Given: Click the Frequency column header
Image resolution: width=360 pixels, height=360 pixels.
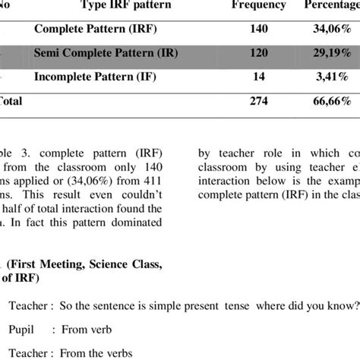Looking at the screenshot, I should [261, 5].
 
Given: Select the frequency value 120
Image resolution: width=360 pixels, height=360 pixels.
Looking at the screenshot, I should [261, 54].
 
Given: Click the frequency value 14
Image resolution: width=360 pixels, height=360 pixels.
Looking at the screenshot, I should [261, 78].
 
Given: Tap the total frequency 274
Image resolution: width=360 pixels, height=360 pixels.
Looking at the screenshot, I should [261, 102].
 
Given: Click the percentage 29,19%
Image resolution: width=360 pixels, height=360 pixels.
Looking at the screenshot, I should [333, 54].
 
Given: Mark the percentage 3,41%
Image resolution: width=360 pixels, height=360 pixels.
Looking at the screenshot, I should [333, 78].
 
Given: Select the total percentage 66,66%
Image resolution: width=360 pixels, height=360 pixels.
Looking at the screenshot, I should [333, 102].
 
